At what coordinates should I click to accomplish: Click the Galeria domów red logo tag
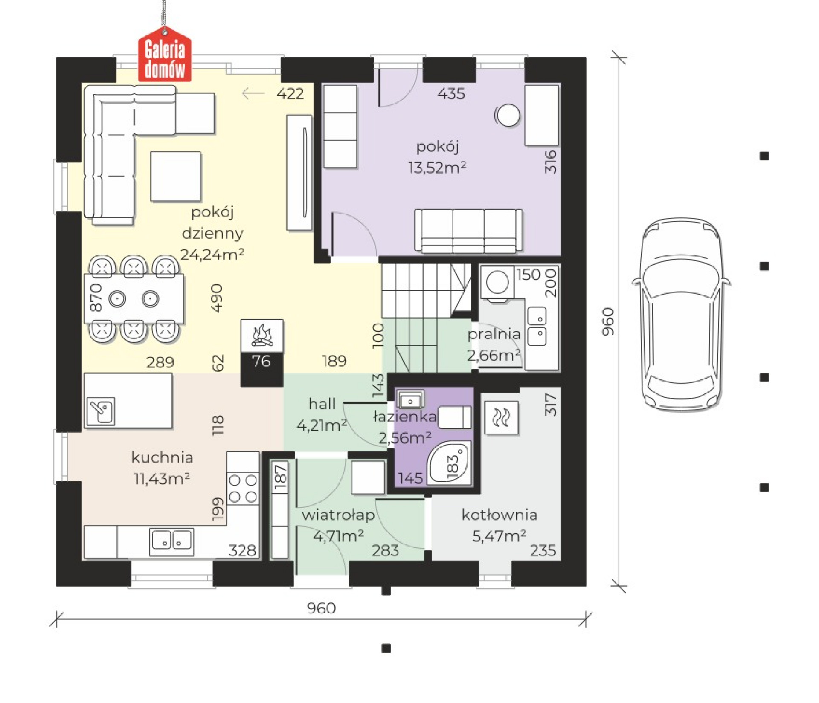[165, 55]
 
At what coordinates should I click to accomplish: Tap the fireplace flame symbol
[262, 335]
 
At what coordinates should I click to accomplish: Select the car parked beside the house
[681, 315]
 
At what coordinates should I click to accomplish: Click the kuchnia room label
[163, 457]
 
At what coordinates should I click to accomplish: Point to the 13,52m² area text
[437, 167]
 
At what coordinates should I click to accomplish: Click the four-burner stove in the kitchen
[243, 488]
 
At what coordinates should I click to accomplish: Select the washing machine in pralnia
[497, 282]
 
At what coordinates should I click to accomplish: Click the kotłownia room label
[500, 515]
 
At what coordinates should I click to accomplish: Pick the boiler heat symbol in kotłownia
[502, 418]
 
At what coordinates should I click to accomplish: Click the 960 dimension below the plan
[321, 608]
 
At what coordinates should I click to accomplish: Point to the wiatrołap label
[338, 515]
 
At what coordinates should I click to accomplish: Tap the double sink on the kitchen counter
[171, 542]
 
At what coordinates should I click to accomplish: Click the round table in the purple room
[508, 115]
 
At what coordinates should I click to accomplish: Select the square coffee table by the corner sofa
[175, 176]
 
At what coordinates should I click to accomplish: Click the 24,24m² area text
[212, 255]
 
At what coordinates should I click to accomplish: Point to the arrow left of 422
[253, 93]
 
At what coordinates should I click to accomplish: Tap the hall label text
[322, 404]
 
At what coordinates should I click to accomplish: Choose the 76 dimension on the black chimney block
[261, 361]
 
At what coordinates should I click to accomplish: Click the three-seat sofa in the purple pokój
[468, 230]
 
